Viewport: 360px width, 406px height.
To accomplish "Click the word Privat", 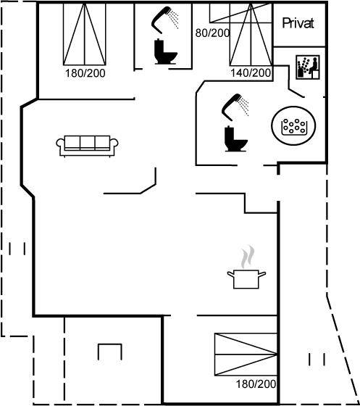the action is (298, 23).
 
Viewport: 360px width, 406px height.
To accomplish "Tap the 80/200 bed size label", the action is (212, 33).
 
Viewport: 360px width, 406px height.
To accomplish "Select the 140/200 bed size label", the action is (251, 72).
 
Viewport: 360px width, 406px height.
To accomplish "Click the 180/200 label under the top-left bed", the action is (85, 73).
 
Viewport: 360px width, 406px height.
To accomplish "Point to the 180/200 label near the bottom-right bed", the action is (256, 384).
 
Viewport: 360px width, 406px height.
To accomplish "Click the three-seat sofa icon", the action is (87, 146).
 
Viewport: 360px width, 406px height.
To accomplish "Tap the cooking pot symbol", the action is (246, 279).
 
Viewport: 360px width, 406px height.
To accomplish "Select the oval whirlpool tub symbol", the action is (293, 125).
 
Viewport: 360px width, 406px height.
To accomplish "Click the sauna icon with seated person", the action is (308, 67).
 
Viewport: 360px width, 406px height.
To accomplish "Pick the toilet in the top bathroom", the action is (165, 51).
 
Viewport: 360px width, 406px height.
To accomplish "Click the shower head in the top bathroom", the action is (164, 20).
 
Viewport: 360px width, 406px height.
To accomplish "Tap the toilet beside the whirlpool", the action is (235, 138).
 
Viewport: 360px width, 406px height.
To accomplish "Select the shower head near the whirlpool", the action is (235, 107).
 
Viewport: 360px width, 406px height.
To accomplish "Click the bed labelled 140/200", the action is (251, 34).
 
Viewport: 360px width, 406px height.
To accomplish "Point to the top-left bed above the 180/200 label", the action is (85, 33).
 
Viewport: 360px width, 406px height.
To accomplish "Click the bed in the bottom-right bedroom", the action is (246, 355).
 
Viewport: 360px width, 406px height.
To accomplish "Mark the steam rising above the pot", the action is (248, 257).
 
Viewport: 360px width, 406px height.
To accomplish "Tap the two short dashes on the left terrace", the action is (17, 249).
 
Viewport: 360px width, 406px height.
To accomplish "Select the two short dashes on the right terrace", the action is (317, 360).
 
